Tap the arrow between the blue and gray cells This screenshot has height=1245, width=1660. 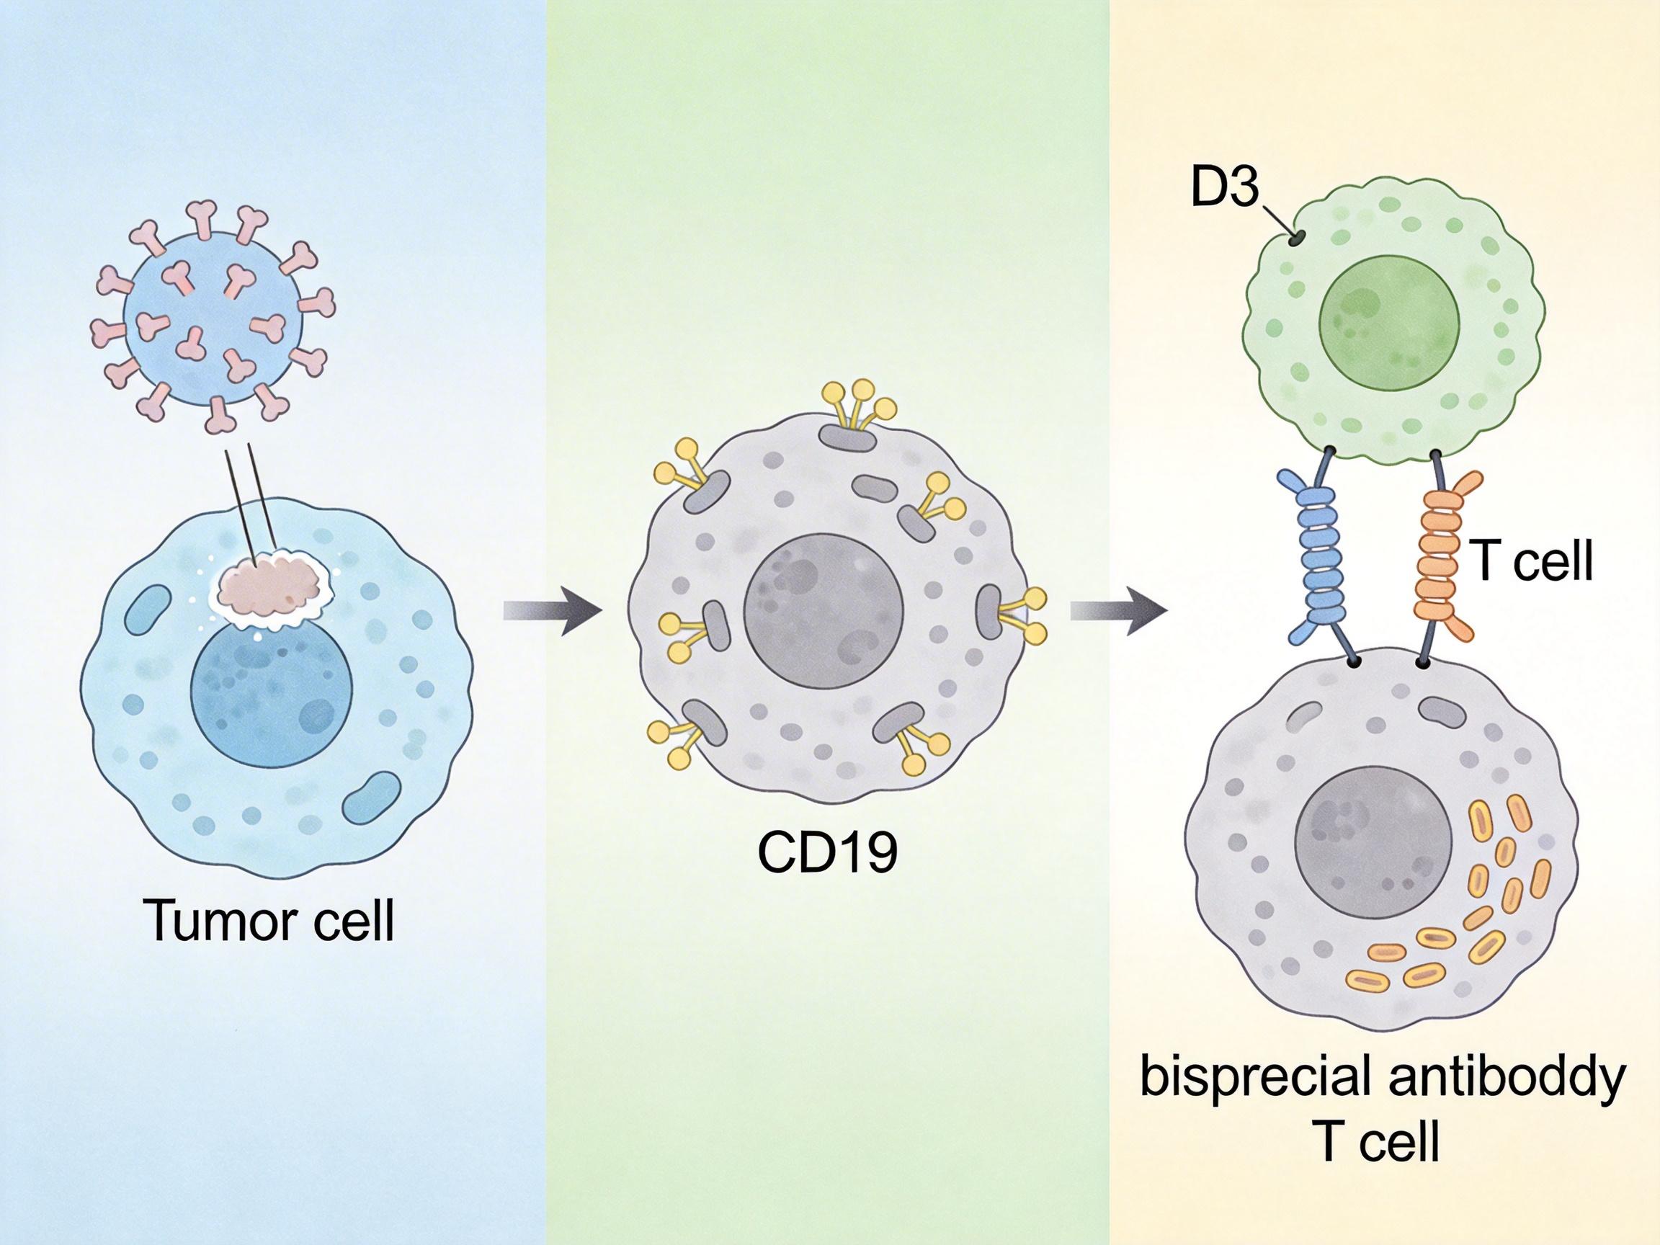tap(553, 611)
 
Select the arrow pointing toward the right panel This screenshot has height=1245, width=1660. tap(1118, 611)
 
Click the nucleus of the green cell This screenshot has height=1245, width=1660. tap(1390, 312)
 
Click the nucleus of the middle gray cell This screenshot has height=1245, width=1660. tap(824, 610)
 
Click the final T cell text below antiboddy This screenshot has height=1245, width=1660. tap(1379, 1142)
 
